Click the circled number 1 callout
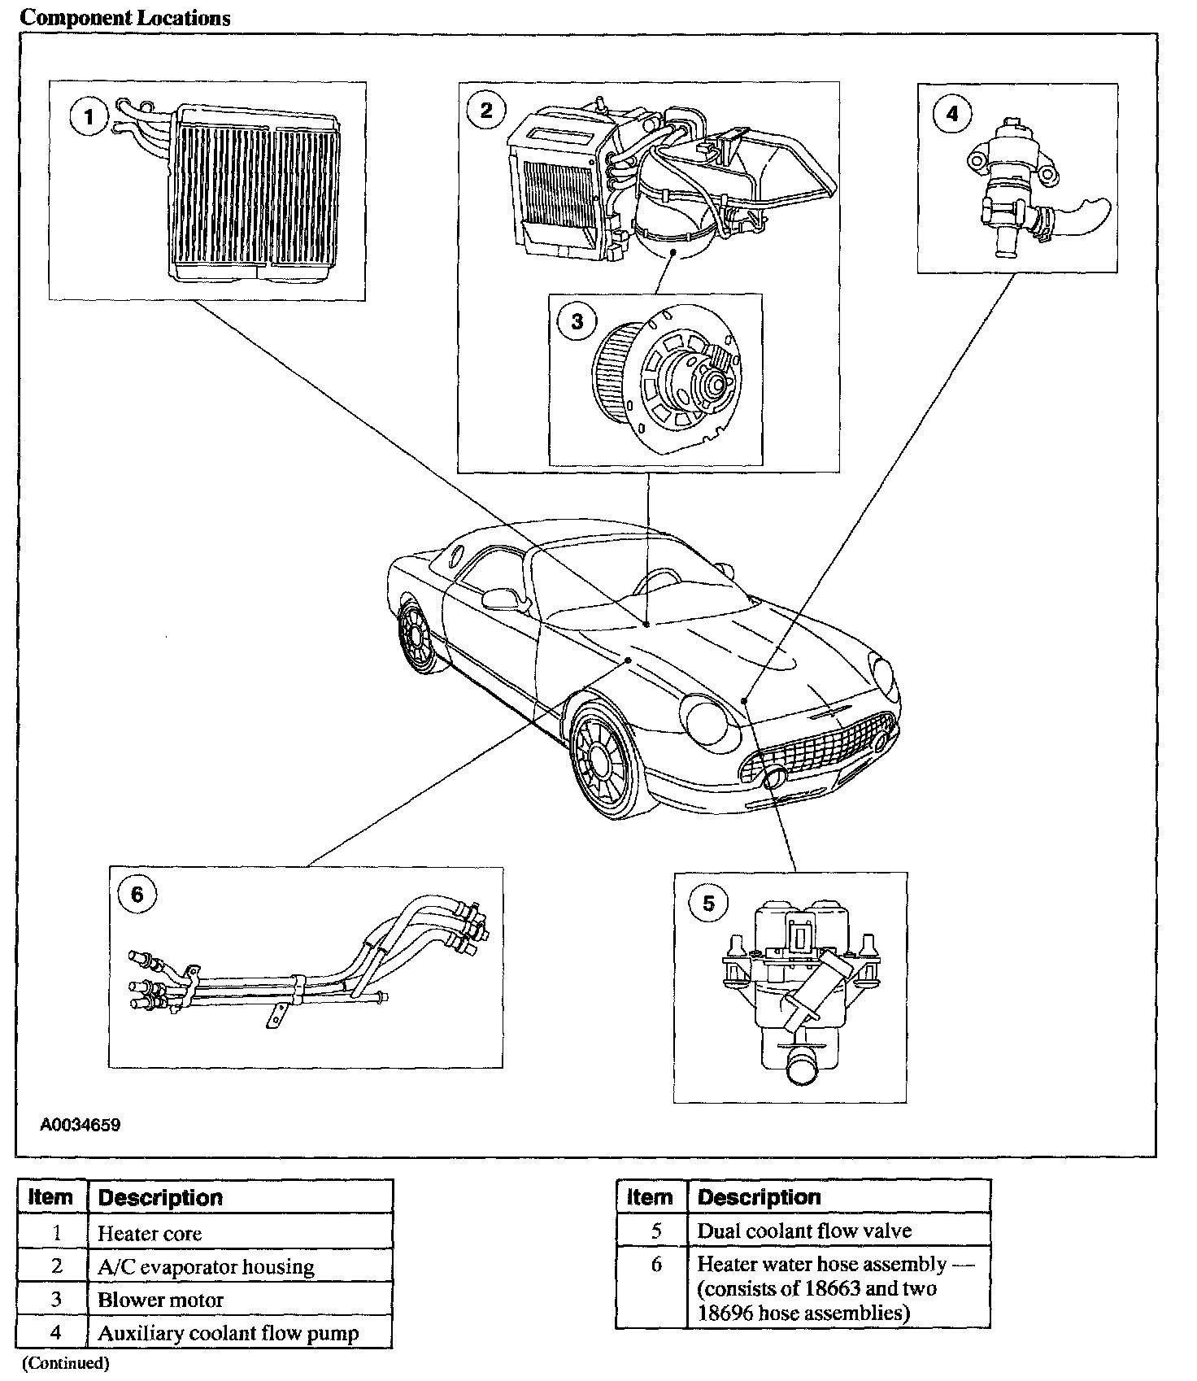89,118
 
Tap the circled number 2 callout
486,110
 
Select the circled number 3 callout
577,321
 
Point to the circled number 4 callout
951,113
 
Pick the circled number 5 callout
708,904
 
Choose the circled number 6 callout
137,895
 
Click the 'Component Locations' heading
125,18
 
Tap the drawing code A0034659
81,1126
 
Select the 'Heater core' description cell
150,1233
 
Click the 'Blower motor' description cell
160,1300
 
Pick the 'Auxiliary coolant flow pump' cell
228,1333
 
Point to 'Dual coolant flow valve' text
804,1231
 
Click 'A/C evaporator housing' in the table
206,1266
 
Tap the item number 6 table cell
656,1265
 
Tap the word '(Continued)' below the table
65,1363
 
